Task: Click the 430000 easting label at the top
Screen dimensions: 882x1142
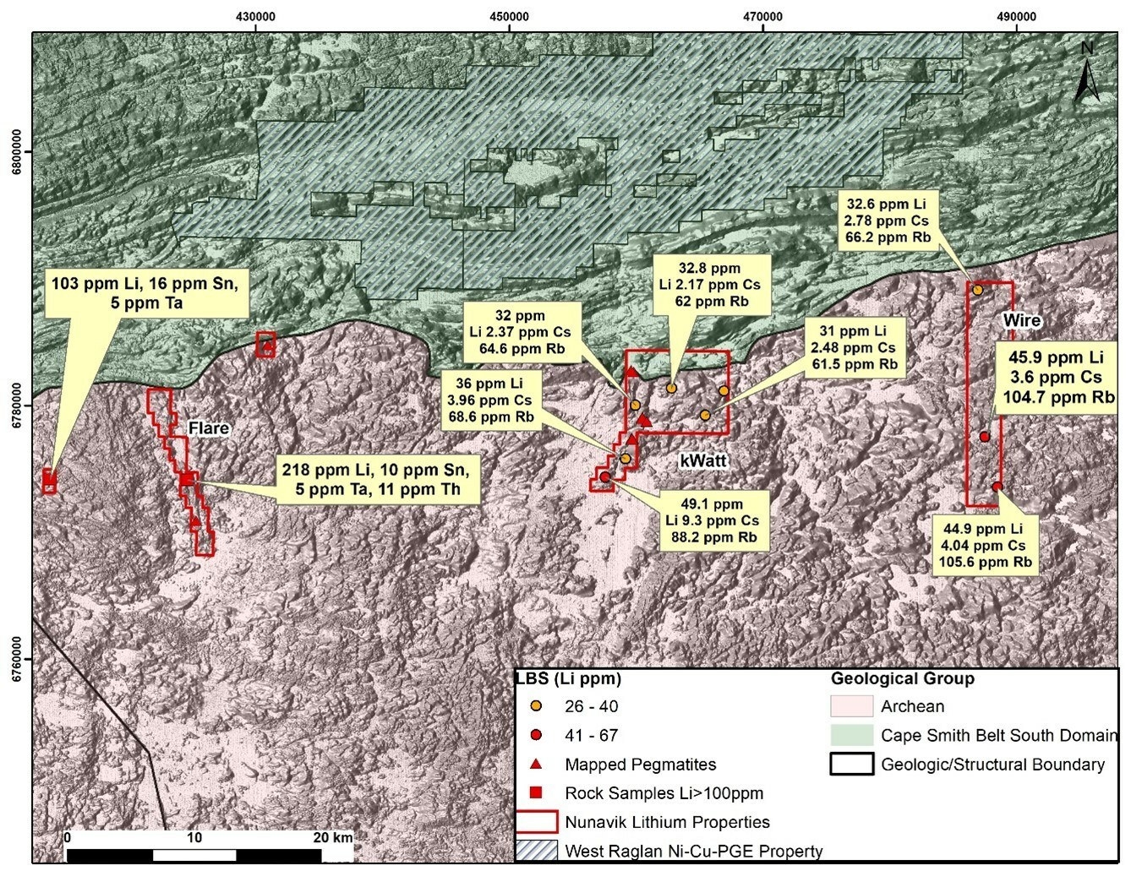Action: (x=255, y=16)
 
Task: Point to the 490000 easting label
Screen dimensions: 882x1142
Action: (x=1016, y=16)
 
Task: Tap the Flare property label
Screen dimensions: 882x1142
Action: (x=209, y=428)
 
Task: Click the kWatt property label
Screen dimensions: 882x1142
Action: (x=703, y=460)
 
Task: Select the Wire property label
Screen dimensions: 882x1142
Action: (x=1021, y=320)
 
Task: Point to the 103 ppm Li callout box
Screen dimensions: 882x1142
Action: (x=145, y=293)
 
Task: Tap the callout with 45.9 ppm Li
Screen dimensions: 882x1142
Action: (x=1056, y=378)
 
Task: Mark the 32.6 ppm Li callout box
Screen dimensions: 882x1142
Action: (x=887, y=220)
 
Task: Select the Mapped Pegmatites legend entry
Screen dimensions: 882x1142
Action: (x=640, y=765)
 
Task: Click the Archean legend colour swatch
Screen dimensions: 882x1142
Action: (x=851, y=706)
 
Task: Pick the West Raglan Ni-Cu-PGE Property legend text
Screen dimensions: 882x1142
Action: (x=693, y=851)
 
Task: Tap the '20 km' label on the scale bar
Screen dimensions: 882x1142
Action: (x=332, y=837)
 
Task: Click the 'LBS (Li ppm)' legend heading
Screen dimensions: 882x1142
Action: (x=569, y=678)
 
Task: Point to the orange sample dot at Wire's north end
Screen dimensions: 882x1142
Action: (x=978, y=290)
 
